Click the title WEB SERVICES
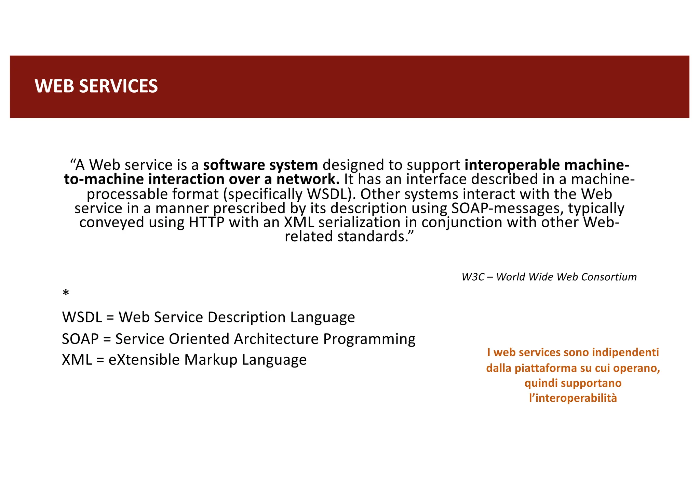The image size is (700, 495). pos(96,86)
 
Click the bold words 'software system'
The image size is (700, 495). pos(260,165)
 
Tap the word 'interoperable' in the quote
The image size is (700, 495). pos(512,165)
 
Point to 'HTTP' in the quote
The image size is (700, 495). pos(206,223)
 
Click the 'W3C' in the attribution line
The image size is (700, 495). pos(473,277)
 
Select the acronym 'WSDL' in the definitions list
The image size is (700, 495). pos(82,318)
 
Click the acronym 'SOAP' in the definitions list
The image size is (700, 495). pos(80,339)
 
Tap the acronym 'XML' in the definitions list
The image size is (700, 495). pos(77,360)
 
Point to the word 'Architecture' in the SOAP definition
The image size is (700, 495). pos(276,339)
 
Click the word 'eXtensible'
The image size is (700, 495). pos(144,360)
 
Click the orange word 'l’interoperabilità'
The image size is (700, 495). pos(573,398)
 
